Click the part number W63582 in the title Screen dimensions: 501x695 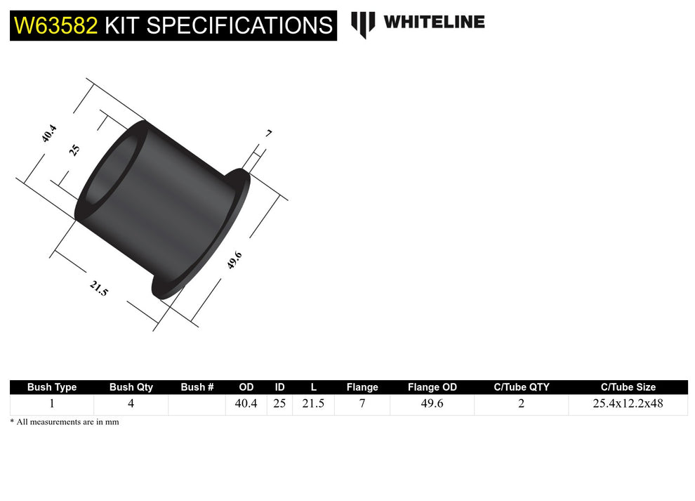(56, 26)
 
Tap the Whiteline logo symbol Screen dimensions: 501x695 (363, 24)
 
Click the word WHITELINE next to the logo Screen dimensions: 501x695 (434, 22)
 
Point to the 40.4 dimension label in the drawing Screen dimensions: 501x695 (49, 134)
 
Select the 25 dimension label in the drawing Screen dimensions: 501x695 (74, 150)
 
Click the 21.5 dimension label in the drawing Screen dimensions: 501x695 (99, 288)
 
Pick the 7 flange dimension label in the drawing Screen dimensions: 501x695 (268, 133)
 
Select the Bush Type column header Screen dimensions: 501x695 (52, 387)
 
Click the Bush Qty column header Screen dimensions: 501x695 (131, 387)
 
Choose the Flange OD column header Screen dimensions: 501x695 (432, 387)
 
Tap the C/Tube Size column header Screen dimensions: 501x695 (628, 387)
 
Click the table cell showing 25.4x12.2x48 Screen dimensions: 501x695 (628, 404)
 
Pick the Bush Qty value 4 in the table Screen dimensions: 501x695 (131, 404)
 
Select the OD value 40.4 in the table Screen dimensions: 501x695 (246, 404)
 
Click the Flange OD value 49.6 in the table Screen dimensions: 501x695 (432, 404)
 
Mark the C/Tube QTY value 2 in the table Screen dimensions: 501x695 (521, 404)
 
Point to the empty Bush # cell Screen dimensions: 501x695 (197, 404)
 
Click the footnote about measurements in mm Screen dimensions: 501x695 (65, 422)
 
